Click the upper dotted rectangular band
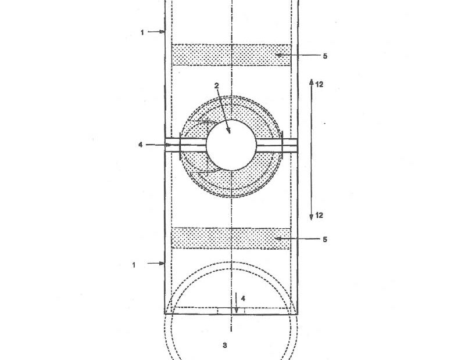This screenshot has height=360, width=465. (x=231, y=55)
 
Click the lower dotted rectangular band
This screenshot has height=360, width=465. (x=231, y=238)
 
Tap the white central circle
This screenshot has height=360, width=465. (x=231, y=145)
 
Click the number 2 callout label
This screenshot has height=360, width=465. (x=217, y=85)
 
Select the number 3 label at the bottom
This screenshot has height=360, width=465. (x=225, y=345)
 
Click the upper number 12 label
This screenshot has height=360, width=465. (x=319, y=85)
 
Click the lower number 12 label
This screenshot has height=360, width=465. (x=319, y=215)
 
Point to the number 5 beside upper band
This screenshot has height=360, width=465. (x=325, y=56)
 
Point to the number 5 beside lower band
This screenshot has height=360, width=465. (x=325, y=239)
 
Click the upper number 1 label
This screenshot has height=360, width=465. (x=142, y=33)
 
